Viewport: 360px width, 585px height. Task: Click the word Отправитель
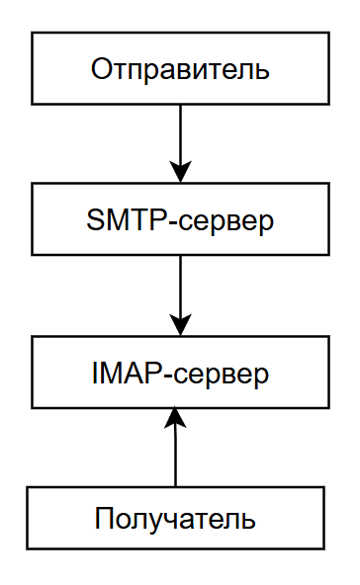(179, 69)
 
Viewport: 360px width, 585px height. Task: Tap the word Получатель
(176, 519)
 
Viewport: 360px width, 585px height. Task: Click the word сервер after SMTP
(226, 220)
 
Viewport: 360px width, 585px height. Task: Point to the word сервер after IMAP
(222, 375)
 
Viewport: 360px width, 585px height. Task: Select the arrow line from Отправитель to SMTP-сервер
(180, 133)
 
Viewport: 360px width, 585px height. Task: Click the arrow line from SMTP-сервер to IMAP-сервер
(180, 287)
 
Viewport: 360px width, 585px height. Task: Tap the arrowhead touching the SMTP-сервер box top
(180, 171)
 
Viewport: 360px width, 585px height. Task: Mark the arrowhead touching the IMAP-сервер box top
(180, 324)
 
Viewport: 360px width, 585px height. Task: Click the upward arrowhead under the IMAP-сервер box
(176, 418)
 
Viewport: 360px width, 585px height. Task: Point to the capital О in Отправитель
(100, 69)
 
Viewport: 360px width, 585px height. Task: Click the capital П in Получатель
(103, 519)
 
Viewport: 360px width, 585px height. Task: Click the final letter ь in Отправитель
(262, 70)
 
